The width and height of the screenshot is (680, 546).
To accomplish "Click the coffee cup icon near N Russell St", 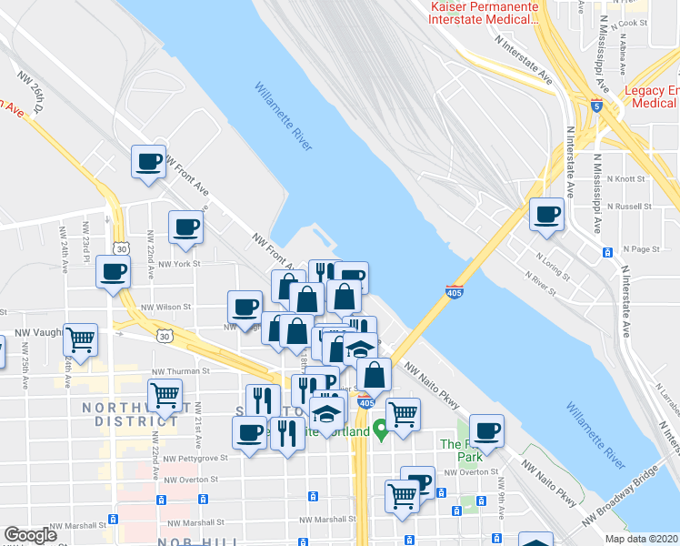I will (547, 214).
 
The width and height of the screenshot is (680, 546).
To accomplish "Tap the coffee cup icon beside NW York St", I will (114, 271).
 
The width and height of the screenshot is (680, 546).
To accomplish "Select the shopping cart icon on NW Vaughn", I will (82, 339).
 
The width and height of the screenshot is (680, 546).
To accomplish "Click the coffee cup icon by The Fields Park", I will (486, 430).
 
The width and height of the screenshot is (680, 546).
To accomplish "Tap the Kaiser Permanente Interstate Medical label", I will (485, 14).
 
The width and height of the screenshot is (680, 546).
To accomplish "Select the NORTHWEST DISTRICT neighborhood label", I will (130, 413).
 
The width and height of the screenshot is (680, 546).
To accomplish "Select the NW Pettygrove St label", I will (192, 458).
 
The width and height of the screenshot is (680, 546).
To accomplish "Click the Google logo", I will (30, 535).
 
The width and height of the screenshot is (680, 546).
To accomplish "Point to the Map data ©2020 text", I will (640, 539).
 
